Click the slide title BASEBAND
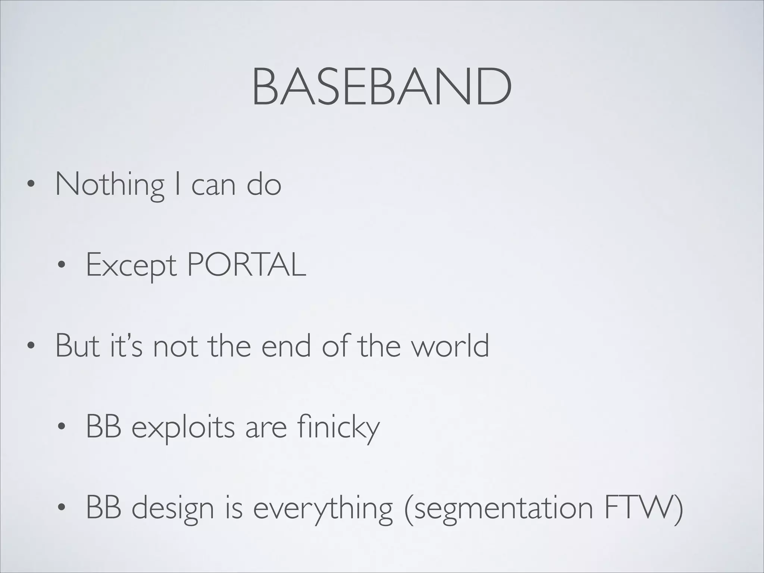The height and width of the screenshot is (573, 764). pos(381,88)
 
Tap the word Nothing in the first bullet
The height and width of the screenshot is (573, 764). pos(110,184)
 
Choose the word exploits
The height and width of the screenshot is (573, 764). pos(183,428)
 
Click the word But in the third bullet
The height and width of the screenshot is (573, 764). pos(78,346)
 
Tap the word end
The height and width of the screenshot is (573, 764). pos(286,346)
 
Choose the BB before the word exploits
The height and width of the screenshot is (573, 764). pos(103,427)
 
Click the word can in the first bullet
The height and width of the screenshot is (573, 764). pos(213,185)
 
